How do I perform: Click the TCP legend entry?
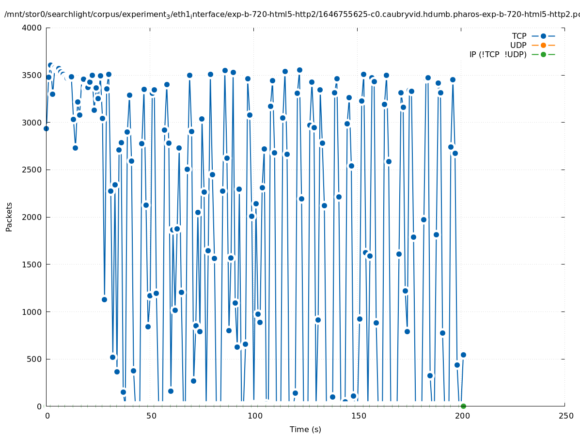[519, 36]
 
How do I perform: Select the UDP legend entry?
[518, 46]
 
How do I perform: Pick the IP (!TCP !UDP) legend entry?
[498, 55]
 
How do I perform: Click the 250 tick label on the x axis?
[565, 416]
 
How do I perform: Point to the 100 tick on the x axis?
[254, 416]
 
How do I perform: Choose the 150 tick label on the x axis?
[358, 416]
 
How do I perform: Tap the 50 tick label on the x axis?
[150, 416]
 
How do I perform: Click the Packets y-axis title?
[9, 217]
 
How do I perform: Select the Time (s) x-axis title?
[305, 430]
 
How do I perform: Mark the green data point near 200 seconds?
[463, 406]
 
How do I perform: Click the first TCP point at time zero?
[46, 128]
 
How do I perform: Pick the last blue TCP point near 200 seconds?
[463, 355]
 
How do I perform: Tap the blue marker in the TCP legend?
[543, 36]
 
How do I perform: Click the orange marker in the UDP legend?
[543, 46]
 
